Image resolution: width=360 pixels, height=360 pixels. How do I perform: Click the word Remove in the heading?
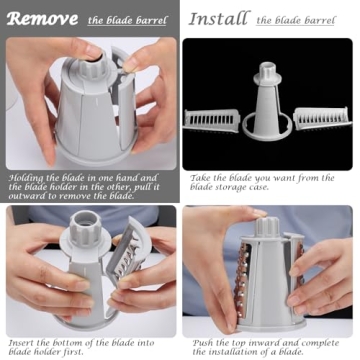coord(41,17)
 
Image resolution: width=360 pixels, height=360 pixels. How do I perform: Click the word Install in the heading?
coord(218,17)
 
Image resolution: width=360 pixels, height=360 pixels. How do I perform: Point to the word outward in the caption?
coord(27,195)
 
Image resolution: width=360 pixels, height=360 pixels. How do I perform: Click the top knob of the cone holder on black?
coord(267,72)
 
